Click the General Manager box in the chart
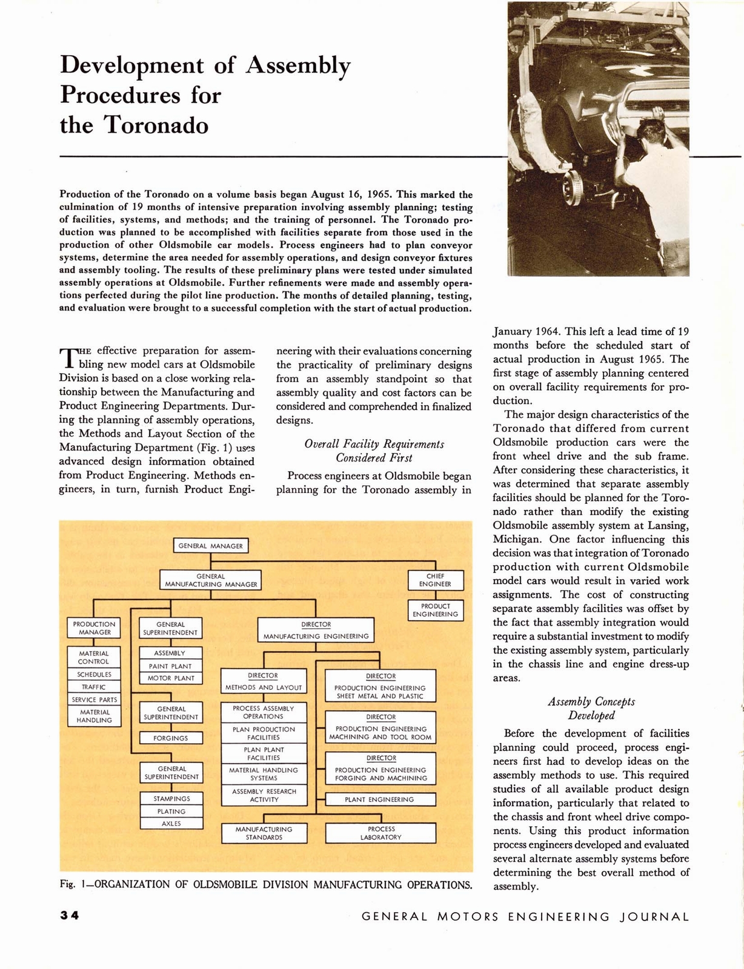coord(210,546)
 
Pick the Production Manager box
coord(94,628)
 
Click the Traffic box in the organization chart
coord(94,687)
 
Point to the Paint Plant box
coord(170,666)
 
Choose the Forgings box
coord(170,738)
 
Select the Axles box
coord(171,824)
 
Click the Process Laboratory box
coord(380,833)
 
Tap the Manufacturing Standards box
coord(264,833)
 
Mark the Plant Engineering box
coord(380,799)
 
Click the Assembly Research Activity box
coord(264,795)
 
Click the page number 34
coord(70,916)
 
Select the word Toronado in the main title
coord(156,125)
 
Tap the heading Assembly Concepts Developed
coord(591,709)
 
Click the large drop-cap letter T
coord(68,359)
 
